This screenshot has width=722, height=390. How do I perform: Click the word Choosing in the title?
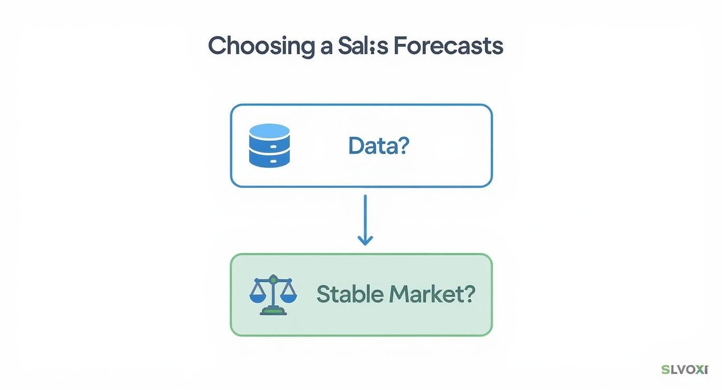pos(260,47)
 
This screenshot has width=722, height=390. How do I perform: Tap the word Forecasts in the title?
pos(448,46)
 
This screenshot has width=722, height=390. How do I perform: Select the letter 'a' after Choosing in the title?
pos(324,47)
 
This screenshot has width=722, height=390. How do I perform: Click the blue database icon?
pos(269,145)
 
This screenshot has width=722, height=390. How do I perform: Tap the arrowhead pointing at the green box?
pos(365,240)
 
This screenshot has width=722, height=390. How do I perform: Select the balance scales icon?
pos(273,295)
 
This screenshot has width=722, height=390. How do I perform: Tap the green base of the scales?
pos(273,311)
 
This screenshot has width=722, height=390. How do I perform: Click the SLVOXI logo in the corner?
pos(685,370)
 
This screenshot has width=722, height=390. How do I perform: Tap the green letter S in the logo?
pos(665,370)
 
